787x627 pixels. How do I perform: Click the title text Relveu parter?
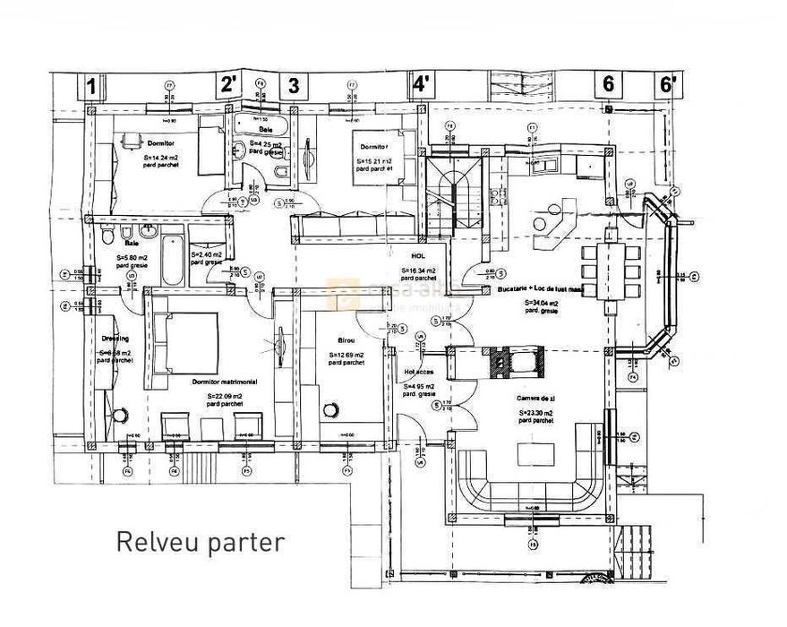coord(201,542)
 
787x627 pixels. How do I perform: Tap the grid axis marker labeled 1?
coord(91,86)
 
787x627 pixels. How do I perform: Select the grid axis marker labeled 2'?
coord(229,86)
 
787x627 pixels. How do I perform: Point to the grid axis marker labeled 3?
coord(292,86)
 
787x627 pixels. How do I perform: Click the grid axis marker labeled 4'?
coord(420,86)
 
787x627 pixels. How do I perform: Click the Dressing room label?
coord(115,339)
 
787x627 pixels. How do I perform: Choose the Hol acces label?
coord(419,371)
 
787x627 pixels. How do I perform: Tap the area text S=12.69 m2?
coord(346,355)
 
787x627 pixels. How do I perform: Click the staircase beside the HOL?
coord(454,193)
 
